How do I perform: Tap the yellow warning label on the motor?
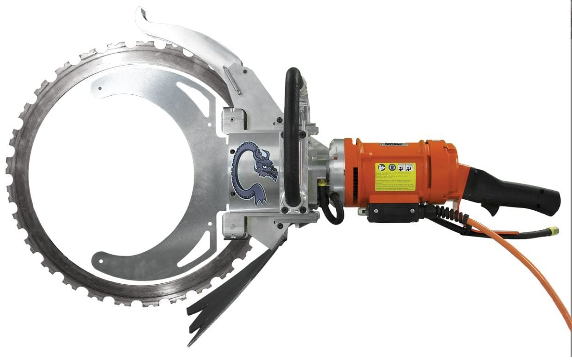[x=395, y=176]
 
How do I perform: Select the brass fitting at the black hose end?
[x=553, y=230]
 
